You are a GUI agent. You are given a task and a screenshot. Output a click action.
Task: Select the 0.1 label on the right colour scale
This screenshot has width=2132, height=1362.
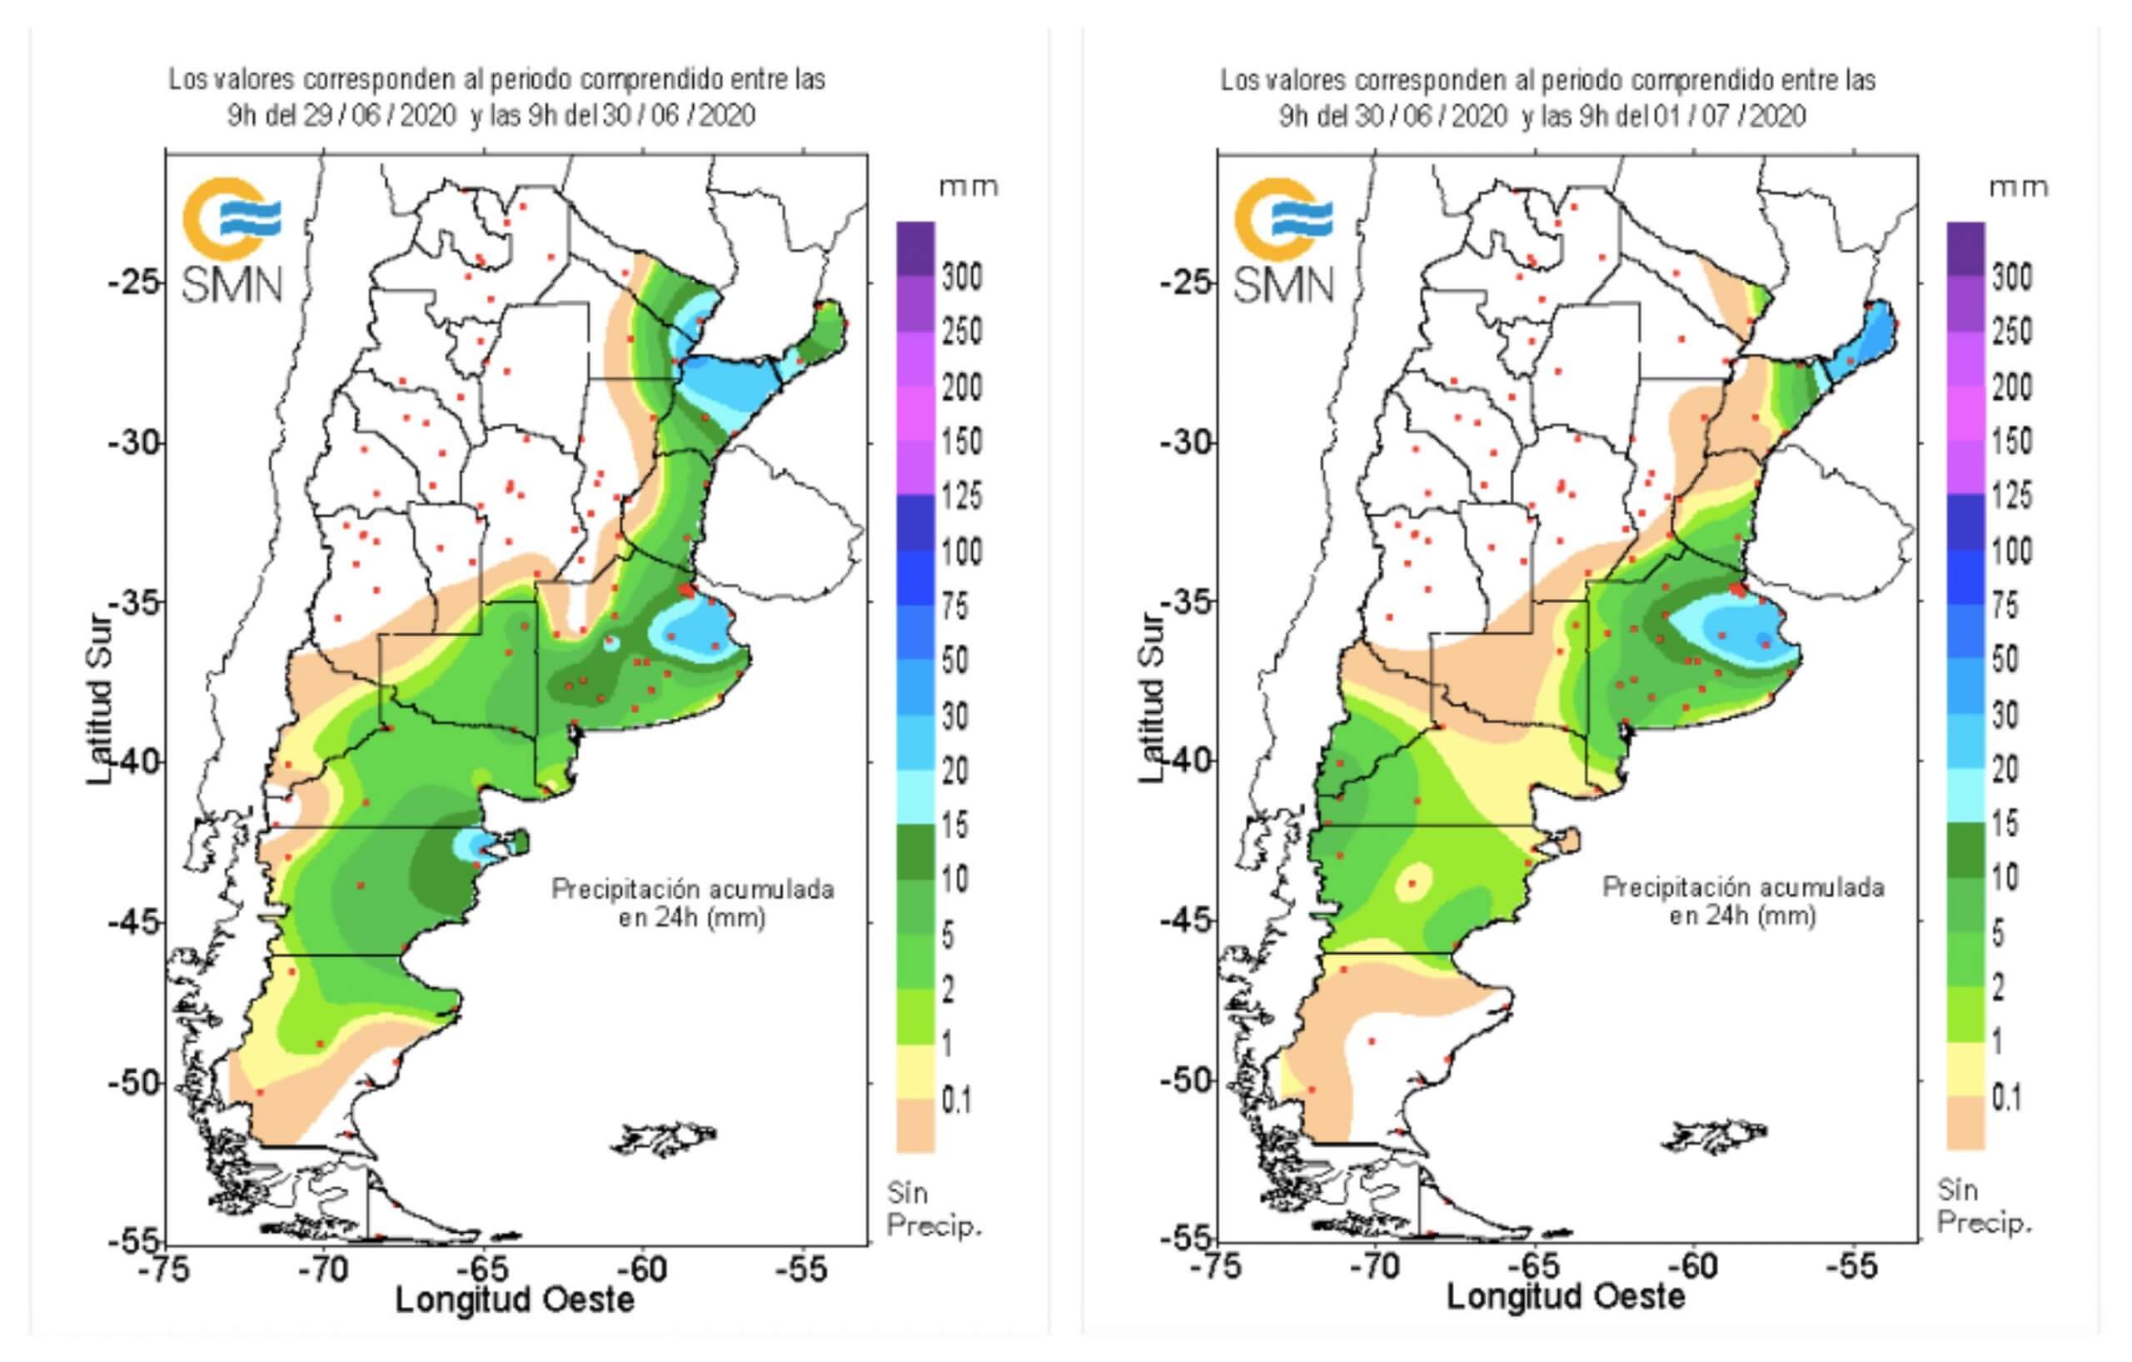[2005, 1098]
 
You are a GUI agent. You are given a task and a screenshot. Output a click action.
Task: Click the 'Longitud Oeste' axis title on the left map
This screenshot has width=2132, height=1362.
[515, 1300]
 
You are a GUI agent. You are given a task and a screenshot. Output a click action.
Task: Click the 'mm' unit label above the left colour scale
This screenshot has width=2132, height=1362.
[969, 187]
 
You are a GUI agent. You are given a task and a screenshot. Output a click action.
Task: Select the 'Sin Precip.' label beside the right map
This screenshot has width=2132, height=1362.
[1983, 1206]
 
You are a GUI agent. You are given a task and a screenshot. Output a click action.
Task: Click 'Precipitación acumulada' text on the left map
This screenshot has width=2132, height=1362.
[692, 889]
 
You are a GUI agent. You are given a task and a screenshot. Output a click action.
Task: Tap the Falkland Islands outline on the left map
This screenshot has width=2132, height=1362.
[664, 1138]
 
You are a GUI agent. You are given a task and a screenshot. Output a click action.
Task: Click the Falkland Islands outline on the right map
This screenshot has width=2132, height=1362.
[1715, 1136]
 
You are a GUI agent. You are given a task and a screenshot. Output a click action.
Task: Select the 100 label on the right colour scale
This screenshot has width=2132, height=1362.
[2011, 551]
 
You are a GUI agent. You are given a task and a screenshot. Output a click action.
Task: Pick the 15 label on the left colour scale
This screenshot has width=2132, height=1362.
[954, 826]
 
